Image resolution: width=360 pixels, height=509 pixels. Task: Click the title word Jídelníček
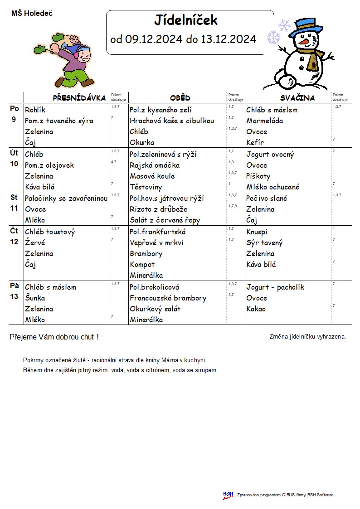pyautogui.click(x=186, y=20)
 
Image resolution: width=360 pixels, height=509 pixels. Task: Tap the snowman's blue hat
pyautogui.click(x=303, y=28)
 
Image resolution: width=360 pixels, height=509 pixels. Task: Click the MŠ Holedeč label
pyautogui.click(x=32, y=14)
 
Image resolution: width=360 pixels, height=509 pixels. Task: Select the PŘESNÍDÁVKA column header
pyautogui.click(x=79, y=98)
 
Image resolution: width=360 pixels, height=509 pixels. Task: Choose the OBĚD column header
pyautogui.click(x=180, y=98)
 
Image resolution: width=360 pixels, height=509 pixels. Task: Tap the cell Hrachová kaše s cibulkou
pyautogui.click(x=172, y=121)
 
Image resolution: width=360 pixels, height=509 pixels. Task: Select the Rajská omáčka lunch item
pyautogui.click(x=155, y=165)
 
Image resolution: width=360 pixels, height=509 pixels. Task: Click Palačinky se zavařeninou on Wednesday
pyautogui.click(x=66, y=199)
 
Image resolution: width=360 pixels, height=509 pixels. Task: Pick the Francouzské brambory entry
pyautogui.click(x=168, y=298)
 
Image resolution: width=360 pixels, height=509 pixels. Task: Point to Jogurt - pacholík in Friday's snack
pyautogui.click(x=275, y=287)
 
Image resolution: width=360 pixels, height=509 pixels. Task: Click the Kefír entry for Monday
pyautogui.click(x=255, y=143)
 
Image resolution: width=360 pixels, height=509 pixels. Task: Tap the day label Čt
pyautogui.click(x=14, y=231)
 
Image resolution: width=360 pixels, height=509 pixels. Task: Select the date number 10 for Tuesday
pyautogui.click(x=14, y=164)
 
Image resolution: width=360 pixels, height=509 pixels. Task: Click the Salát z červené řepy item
pyautogui.click(x=165, y=220)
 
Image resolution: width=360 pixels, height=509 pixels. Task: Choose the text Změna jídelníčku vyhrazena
pyautogui.click(x=307, y=337)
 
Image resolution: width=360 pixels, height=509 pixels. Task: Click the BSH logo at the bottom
pyautogui.click(x=228, y=495)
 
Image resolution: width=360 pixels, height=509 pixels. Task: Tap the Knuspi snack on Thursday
pyautogui.click(x=257, y=232)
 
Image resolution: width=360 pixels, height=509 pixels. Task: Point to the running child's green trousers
pyautogui.click(x=78, y=74)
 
